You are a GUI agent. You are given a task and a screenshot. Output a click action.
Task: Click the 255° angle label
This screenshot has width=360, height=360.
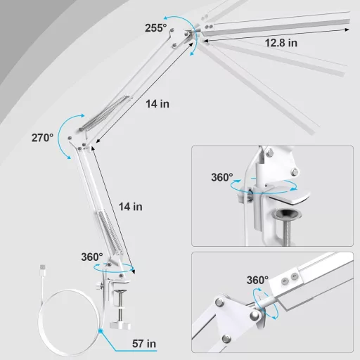coord(156,27)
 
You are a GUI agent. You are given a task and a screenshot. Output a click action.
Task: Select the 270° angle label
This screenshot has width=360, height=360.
coord(42,138)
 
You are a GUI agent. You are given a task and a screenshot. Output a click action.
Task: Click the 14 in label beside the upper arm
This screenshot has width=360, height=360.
coord(158,103)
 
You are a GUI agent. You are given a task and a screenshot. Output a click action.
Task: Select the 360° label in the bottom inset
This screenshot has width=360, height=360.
coord(257,280)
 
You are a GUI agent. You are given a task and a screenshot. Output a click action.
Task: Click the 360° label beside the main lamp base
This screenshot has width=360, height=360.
coord(91,257)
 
